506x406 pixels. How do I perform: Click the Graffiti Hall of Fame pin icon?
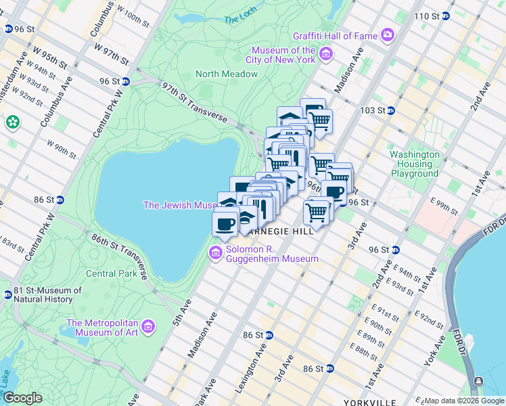coord(388,34)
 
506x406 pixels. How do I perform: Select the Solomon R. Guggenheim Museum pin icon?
coord(216,254)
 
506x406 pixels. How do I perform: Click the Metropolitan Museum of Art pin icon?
coord(148,328)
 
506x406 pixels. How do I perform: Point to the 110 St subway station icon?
coord(445,16)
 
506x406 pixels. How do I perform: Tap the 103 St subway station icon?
coord(391,110)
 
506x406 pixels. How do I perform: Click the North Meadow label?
coord(227,74)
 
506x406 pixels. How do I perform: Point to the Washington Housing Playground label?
coord(414,164)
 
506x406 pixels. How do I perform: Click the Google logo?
coord(22,398)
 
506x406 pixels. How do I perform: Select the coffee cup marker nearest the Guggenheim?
coord(225,223)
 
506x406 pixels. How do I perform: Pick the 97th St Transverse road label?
coord(194,102)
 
